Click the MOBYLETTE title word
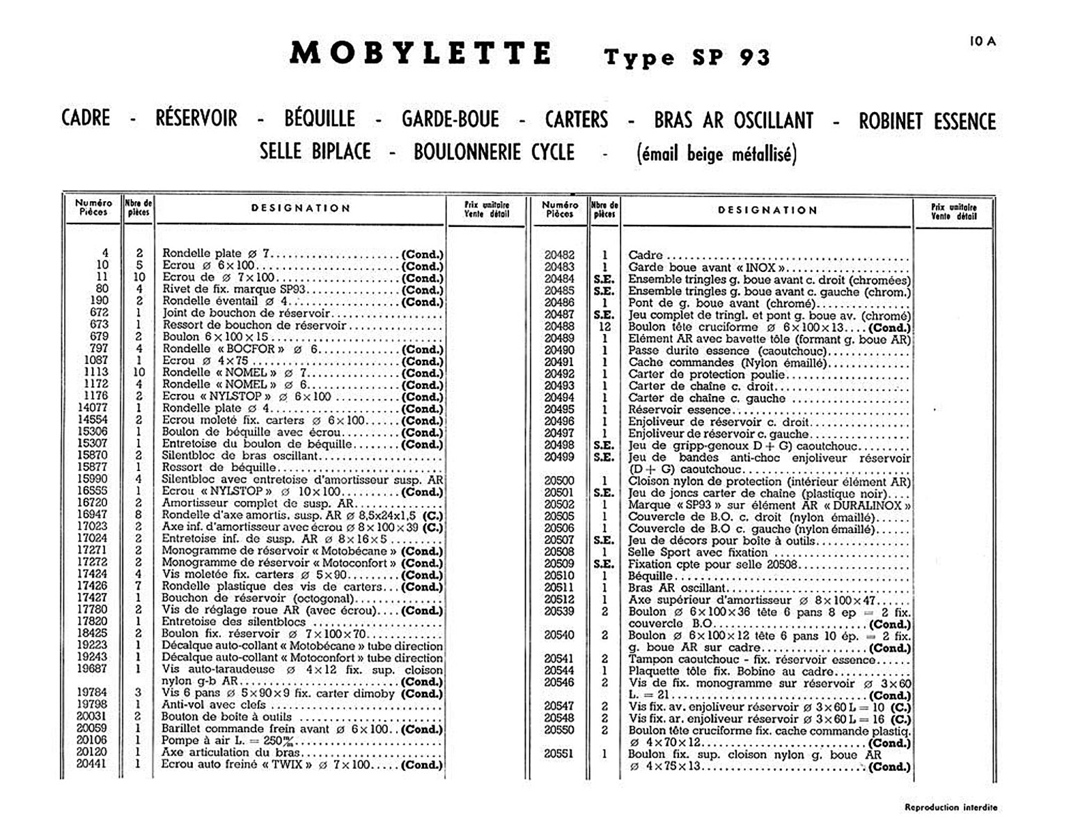(x=421, y=54)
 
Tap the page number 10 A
(x=983, y=42)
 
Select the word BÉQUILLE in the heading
(x=320, y=119)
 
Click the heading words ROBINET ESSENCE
(x=927, y=121)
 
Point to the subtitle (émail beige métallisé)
(x=717, y=154)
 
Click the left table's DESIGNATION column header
(x=301, y=208)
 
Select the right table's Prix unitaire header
(x=953, y=212)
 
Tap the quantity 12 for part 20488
(x=604, y=327)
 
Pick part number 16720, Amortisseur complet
(x=92, y=503)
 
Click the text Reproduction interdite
(x=951, y=808)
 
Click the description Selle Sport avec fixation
(x=698, y=552)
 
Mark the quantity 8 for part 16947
(x=139, y=515)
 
